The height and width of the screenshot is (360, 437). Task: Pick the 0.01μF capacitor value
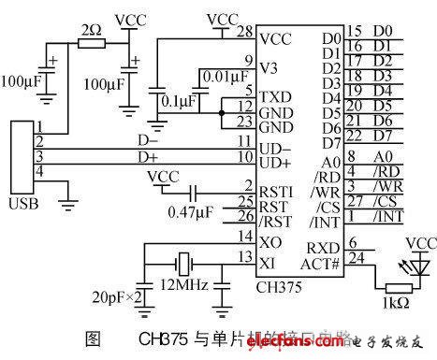tap(225, 76)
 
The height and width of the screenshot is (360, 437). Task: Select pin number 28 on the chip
tap(246, 33)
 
